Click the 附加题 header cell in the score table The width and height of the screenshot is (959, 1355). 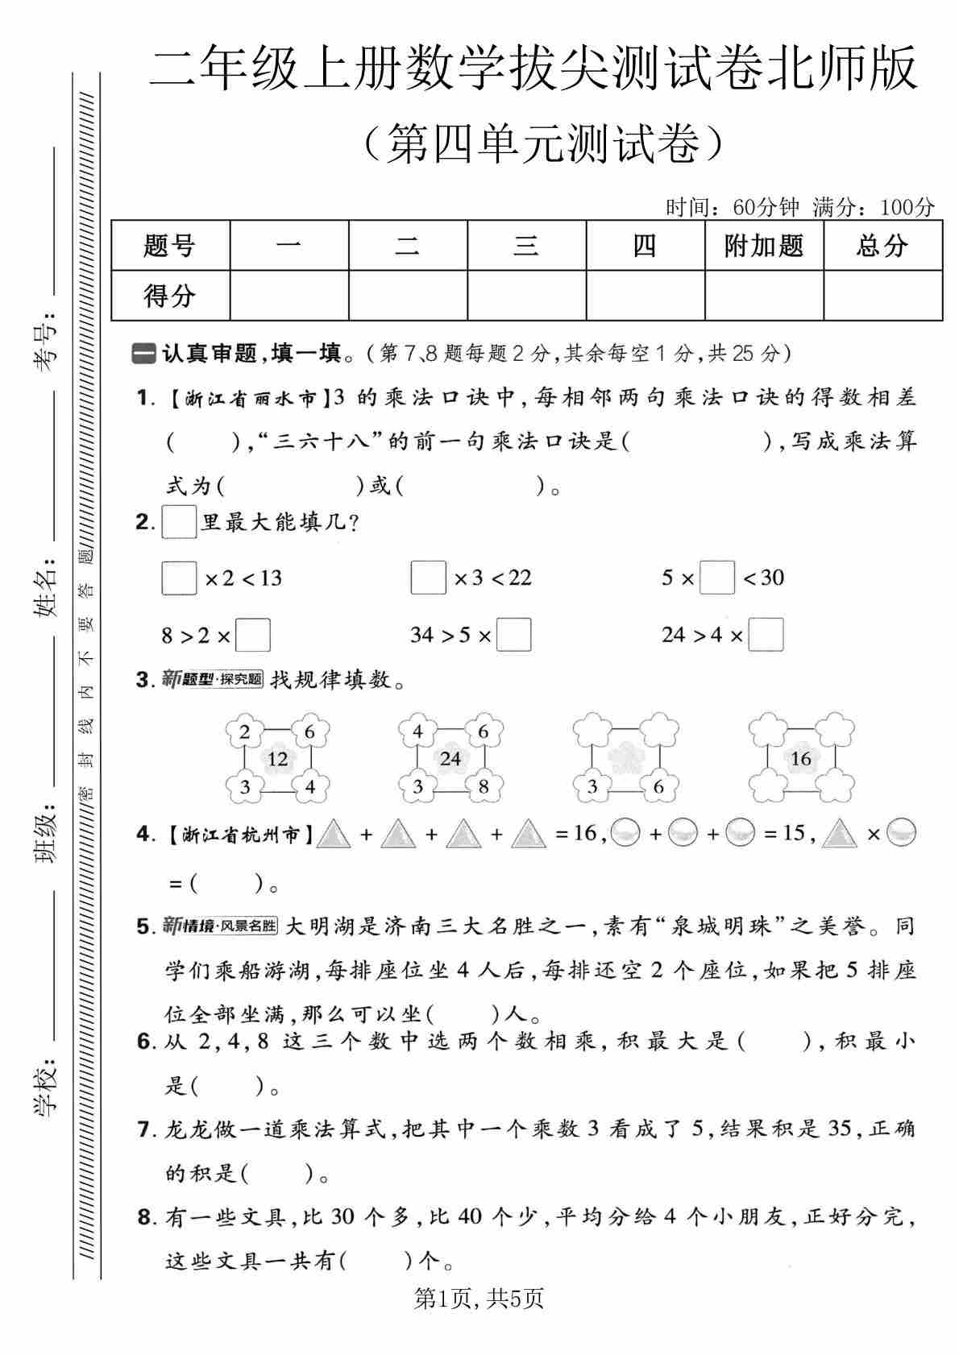pyautogui.click(x=763, y=246)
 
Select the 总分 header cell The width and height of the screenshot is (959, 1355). pyautogui.click(x=882, y=246)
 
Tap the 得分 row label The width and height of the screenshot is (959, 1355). pyautogui.click(x=170, y=296)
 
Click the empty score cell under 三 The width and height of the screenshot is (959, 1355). pyautogui.click(x=526, y=296)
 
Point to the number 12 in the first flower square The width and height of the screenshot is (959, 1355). pyautogui.click(x=277, y=759)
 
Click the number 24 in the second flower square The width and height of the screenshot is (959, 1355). pyautogui.click(x=450, y=759)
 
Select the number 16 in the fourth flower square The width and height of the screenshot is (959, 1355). pyautogui.click(x=800, y=758)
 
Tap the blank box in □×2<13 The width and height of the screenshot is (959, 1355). pyautogui.click(x=179, y=578)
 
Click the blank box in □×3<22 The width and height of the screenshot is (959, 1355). pyautogui.click(x=428, y=578)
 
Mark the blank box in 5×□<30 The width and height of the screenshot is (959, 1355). pyautogui.click(x=717, y=578)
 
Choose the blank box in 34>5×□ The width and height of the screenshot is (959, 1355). pyautogui.click(x=514, y=635)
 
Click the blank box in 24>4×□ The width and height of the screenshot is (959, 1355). pyautogui.click(x=766, y=635)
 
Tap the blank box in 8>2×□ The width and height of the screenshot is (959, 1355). pyautogui.click(x=253, y=636)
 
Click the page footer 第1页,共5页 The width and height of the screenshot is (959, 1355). pyautogui.click(x=479, y=1298)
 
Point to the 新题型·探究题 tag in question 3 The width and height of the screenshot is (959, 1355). pyautogui.click(x=213, y=679)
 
